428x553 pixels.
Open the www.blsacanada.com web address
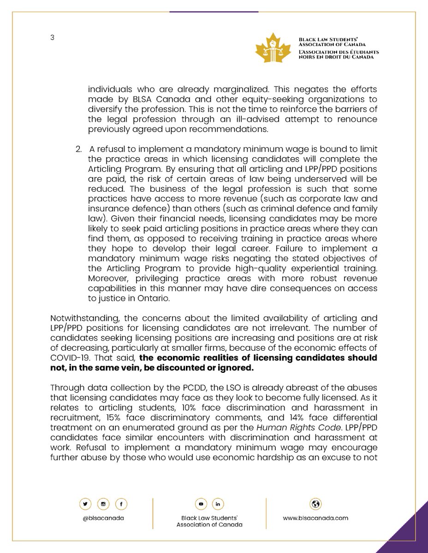pyautogui.click(x=316, y=518)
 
